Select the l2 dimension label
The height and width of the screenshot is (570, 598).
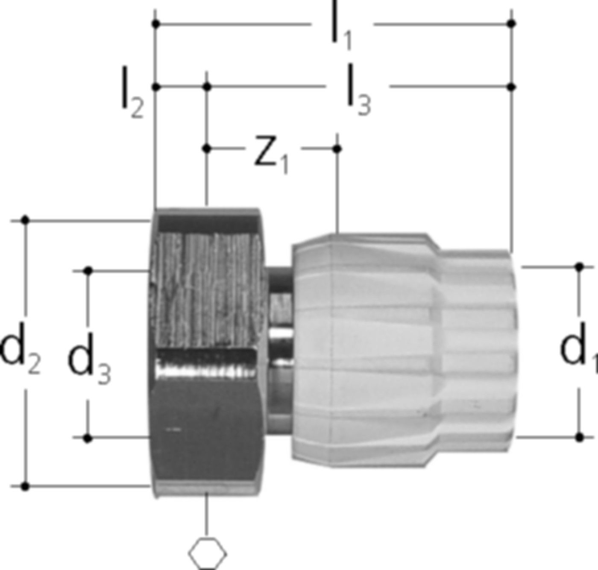coord(132,93)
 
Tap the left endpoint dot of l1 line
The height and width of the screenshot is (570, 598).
coord(156,24)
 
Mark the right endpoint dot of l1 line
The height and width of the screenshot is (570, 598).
coord(512,23)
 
